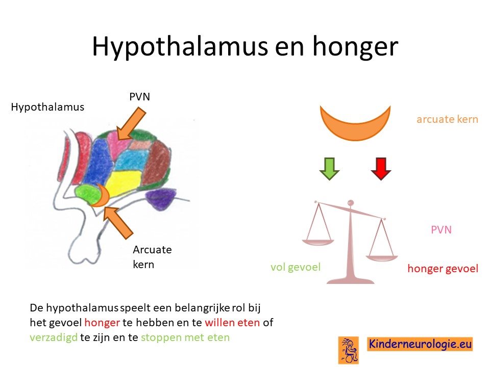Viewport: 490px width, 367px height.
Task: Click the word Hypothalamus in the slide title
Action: click(180, 46)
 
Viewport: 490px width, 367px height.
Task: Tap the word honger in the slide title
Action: click(355, 47)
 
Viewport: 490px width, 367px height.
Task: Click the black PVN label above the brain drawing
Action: click(140, 97)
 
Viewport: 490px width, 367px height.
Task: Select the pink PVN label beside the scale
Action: click(441, 230)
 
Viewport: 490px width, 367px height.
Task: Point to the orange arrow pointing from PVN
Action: click(131, 123)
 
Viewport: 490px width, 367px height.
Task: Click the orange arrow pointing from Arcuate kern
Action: click(118, 222)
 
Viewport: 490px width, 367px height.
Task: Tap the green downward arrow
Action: click(329, 169)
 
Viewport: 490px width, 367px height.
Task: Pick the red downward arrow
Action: click(381, 169)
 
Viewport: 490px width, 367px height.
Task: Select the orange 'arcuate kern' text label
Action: click(447, 119)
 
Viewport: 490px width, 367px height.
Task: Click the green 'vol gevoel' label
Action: click(296, 267)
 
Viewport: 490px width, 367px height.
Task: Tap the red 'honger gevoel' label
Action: click(443, 269)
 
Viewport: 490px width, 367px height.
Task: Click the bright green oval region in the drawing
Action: click(88, 194)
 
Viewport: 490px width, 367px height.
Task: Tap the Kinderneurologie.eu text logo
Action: click(420, 344)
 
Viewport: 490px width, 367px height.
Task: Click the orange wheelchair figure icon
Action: click(349, 350)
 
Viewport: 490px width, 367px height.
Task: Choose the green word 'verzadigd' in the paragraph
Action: click(54, 337)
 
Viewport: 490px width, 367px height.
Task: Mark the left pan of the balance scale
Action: click(318, 241)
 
